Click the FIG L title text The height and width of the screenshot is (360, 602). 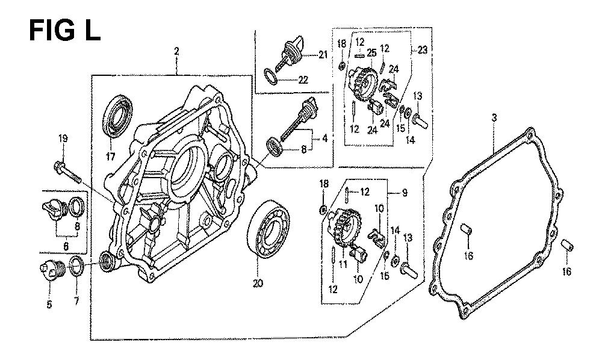[x=64, y=31]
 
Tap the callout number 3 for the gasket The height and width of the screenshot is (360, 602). [x=494, y=118]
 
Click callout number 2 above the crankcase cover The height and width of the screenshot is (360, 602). [x=176, y=51]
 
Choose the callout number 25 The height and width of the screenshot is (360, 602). [x=371, y=53]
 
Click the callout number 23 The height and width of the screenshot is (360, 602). [x=423, y=50]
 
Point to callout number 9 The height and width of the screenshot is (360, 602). [x=405, y=193]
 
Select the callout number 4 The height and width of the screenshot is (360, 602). [x=324, y=138]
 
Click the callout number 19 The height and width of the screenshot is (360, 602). [x=63, y=138]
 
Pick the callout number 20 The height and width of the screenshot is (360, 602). [x=258, y=284]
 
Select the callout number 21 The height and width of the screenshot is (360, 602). [x=323, y=55]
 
